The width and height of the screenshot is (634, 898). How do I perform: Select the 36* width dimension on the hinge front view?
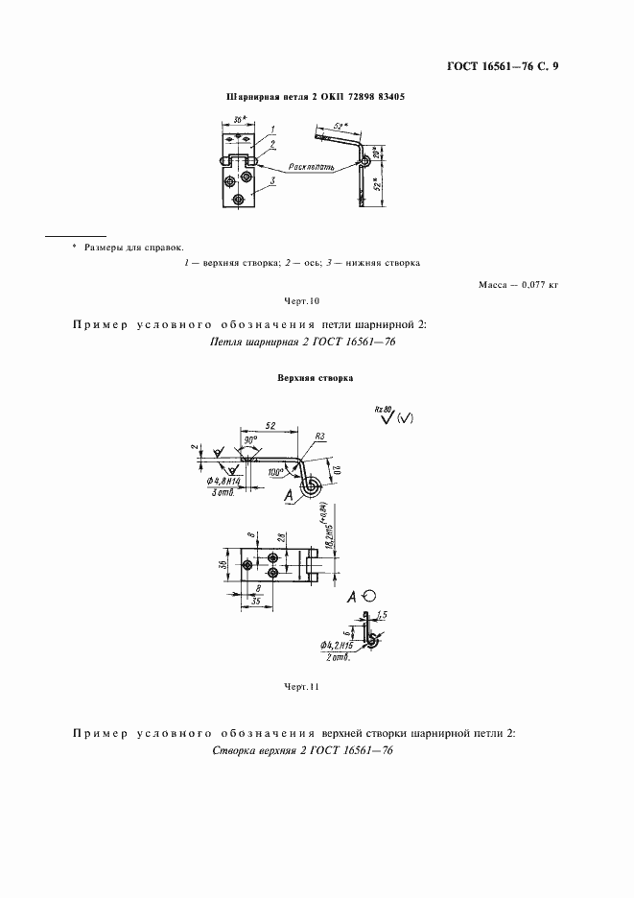240,122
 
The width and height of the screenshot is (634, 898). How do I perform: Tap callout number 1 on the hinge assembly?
272,129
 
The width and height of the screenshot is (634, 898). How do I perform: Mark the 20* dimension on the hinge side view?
376,154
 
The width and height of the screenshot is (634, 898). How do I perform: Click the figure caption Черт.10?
301,301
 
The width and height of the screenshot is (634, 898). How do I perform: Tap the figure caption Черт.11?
301,687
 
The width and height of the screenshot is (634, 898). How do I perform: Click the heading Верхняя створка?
316,378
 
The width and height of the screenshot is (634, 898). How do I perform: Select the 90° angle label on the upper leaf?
252,440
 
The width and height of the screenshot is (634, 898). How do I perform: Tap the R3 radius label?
320,437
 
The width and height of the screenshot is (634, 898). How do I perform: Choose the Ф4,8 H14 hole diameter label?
223,481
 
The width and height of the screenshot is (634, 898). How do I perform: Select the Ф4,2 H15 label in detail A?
336,648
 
